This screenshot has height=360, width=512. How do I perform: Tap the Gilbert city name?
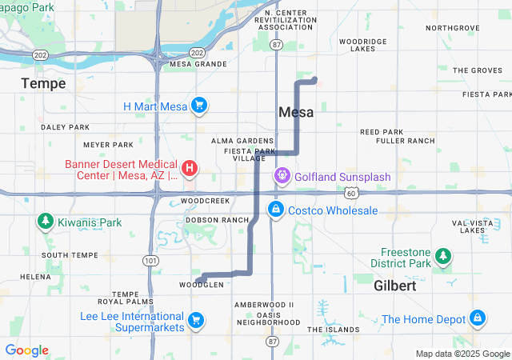[394, 286]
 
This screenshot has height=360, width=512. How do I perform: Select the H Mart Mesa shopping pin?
[199, 106]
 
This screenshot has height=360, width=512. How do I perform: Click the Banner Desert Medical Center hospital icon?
[190, 168]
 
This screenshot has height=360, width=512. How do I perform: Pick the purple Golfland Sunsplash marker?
[282, 175]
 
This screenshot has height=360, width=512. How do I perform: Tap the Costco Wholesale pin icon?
[275, 210]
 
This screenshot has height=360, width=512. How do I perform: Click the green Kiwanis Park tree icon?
[45, 222]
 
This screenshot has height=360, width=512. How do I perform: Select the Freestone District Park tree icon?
[442, 257]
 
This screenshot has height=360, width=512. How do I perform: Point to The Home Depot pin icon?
[478, 318]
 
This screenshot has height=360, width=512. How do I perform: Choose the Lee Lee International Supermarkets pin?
[195, 322]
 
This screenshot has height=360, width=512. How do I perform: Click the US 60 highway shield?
[352, 193]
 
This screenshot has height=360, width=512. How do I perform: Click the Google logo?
[26, 350]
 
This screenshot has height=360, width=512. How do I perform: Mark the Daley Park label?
[66, 126]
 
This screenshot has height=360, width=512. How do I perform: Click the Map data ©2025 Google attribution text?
[462, 354]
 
